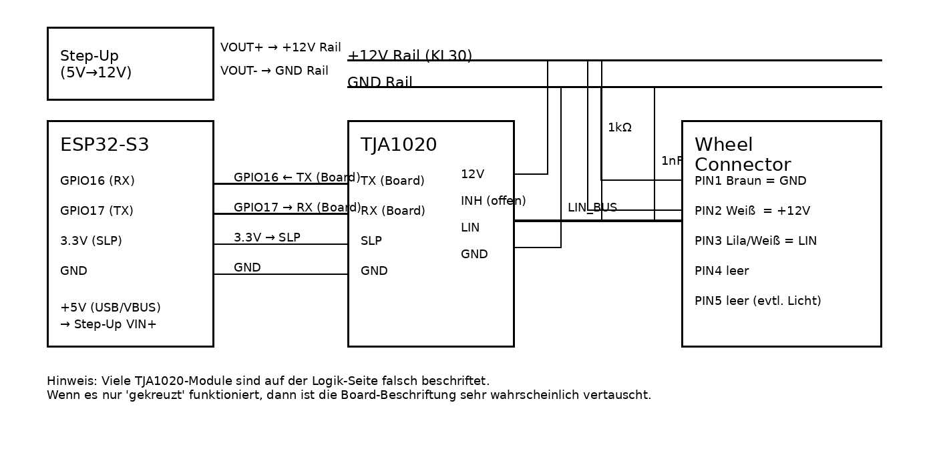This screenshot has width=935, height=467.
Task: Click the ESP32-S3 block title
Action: tap(104, 145)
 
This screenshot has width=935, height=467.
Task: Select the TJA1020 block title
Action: tap(399, 145)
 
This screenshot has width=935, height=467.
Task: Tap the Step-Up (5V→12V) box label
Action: tap(96, 64)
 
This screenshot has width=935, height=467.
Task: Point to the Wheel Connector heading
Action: tap(743, 155)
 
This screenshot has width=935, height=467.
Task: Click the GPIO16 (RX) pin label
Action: tap(98, 181)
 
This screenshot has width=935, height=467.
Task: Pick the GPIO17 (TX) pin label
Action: tap(97, 211)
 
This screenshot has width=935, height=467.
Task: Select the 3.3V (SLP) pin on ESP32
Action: tap(91, 241)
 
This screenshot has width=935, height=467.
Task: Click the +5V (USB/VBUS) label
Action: tap(110, 308)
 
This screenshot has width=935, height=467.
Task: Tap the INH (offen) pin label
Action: tap(493, 201)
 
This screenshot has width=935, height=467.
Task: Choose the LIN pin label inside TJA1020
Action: tap(470, 227)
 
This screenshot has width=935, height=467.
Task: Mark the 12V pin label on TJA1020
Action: tap(472, 174)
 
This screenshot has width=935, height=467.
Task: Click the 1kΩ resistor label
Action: tap(619, 127)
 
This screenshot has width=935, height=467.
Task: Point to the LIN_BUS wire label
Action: tap(592, 207)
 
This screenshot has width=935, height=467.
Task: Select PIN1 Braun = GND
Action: tap(750, 181)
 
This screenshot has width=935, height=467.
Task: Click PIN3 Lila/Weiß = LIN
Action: tap(755, 241)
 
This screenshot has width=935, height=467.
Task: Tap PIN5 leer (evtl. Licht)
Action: tap(757, 301)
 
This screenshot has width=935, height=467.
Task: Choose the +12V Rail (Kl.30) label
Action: tap(409, 56)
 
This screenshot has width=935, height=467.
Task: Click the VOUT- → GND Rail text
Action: tap(274, 71)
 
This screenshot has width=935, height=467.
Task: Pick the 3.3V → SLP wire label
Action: tap(266, 238)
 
